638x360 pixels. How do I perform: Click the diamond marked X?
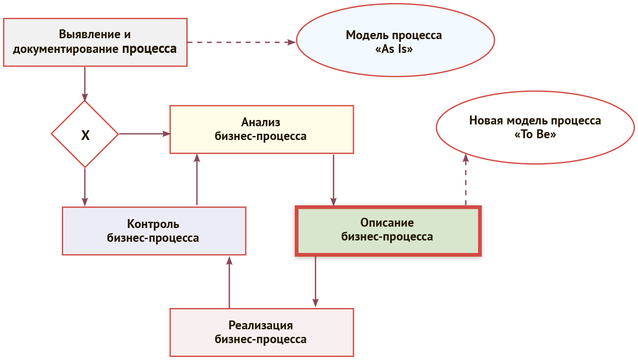[85, 134]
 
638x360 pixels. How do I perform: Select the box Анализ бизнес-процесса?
[261, 129]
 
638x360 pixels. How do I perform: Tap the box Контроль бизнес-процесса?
[153, 231]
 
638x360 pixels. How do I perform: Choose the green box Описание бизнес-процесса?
[388, 230]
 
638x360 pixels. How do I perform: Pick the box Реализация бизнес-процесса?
[261, 332]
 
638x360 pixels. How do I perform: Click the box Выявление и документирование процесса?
[95, 42]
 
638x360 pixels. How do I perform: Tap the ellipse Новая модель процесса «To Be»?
[535, 128]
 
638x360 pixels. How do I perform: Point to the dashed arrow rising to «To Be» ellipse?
[465, 180]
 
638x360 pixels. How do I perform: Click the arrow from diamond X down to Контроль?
[84, 187]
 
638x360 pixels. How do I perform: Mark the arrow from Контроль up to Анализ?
[197, 180]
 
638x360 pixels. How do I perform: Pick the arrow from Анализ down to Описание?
[333, 180]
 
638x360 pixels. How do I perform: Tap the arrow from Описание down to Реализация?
[316, 281]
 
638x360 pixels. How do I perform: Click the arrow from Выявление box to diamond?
[84, 84]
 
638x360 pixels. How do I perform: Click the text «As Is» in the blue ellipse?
[395, 49]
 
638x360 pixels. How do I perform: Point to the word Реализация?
[261, 325]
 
